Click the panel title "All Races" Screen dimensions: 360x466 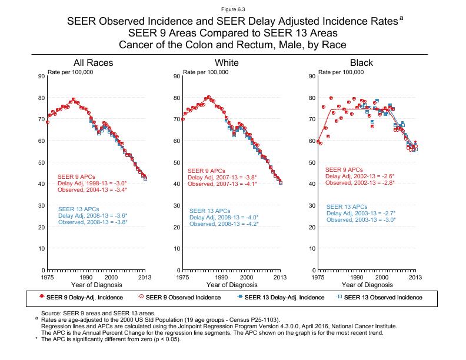click(93, 63)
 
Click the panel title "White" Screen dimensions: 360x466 click(227, 63)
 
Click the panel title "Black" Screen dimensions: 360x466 click(361, 63)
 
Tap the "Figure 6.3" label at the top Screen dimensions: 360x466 click(232, 10)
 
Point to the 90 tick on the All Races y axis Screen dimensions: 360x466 click(41, 76)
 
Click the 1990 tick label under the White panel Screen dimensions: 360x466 click(222, 277)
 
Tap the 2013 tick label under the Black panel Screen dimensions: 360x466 click(415, 277)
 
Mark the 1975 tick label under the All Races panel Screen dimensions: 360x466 click(48, 277)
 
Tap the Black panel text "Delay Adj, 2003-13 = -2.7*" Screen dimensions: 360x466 click(361, 213)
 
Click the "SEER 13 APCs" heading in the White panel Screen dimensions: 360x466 click(209, 211)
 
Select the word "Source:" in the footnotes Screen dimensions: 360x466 click(51, 314)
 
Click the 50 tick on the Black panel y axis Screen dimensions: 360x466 click(311, 162)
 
